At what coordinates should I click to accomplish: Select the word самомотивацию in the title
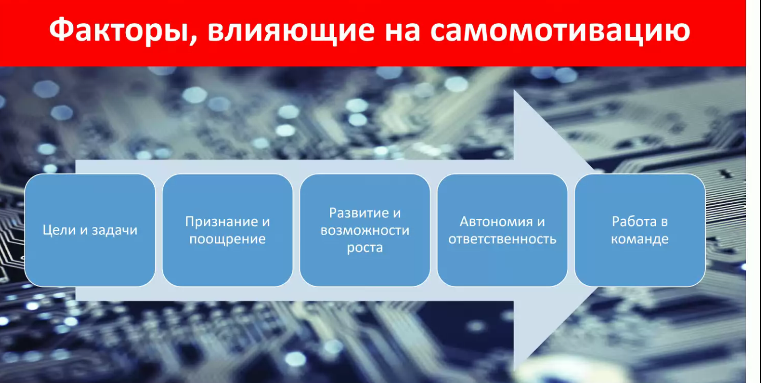[560, 31]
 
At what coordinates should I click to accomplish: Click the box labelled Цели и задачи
[90, 230]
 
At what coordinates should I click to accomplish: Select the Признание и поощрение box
[228, 230]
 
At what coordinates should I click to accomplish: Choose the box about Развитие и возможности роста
[365, 230]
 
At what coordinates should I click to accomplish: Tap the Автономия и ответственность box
[502, 230]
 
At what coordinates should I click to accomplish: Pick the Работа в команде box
[640, 230]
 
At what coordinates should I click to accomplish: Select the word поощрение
[228, 239]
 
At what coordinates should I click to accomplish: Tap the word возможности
[365, 231]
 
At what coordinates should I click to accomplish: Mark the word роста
[365, 248]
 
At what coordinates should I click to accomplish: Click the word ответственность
[502, 239]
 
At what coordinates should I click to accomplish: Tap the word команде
[640, 239]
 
